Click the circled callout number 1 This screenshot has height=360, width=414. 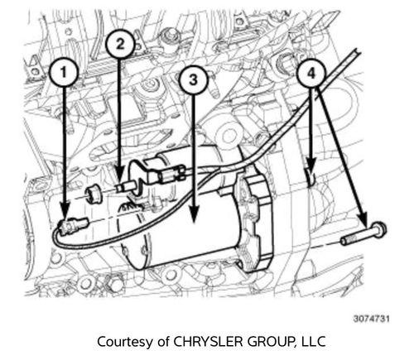[x=66, y=73]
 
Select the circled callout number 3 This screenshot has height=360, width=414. [x=192, y=80]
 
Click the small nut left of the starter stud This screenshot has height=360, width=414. [x=94, y=195]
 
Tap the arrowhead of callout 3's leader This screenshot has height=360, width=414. [x=192, y=222]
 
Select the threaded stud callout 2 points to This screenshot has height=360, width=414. [x=124, y=189]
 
